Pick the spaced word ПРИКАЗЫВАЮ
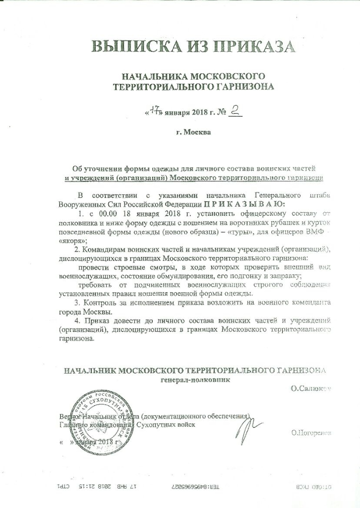[243, 204]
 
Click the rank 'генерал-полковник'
[196, 380]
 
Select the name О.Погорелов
[311, 433]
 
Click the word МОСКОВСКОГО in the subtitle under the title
[226, 76]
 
